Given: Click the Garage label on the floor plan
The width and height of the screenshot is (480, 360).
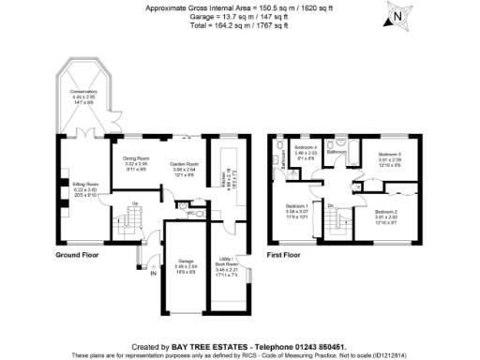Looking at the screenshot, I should coord(187,261).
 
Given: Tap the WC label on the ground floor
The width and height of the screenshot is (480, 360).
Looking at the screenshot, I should coord(189,213).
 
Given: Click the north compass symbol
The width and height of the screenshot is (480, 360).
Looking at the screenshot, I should coord(398,16).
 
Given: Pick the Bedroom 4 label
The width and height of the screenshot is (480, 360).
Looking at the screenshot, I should coord(307,147).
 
